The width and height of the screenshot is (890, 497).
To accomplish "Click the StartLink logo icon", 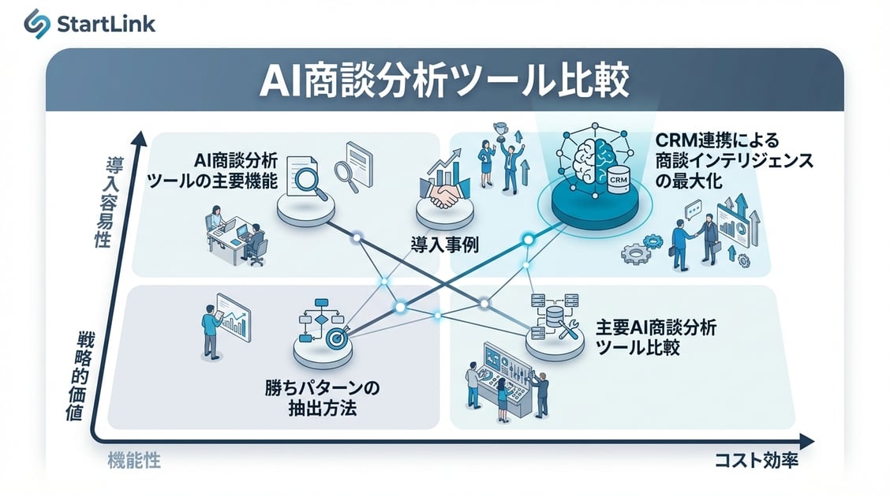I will pyautogui.click(x=36, y=23).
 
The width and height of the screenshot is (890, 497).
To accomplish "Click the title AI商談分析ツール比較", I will pyautogui.click(x=444, y=81).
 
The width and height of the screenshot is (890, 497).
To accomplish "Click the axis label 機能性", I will pyautogui.click(x=133, y=461).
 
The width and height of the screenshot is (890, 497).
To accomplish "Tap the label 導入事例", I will pyautogui.click(x=444, y=245).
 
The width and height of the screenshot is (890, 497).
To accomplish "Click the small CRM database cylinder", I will pyautogui.click(x=618, y=178).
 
